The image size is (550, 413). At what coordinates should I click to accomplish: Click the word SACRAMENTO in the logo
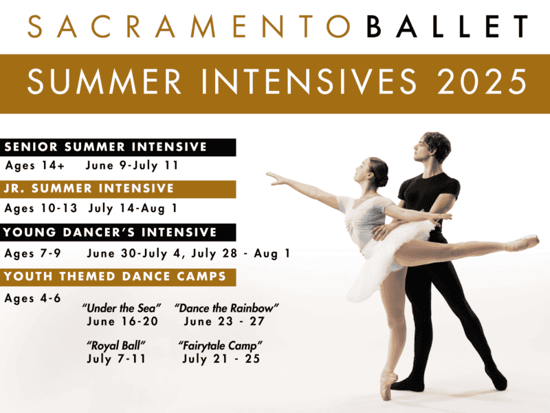tap(189, 26)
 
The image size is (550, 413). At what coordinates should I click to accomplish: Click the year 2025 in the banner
tap(482, 81)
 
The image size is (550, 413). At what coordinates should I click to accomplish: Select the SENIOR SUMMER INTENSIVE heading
tap(106, 147)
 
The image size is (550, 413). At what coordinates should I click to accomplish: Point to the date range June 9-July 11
tap(132, 165)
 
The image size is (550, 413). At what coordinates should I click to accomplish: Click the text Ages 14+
tap(35, 165)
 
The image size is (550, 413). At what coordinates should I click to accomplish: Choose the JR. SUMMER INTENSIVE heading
tap(89, 189)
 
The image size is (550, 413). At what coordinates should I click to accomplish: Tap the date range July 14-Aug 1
tap(133, 209)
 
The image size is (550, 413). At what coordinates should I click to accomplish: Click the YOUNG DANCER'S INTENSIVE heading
tap(110, 232)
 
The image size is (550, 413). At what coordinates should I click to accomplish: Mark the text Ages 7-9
tap(32, 253)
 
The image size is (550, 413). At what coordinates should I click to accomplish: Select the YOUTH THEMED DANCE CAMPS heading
tap(115, 277)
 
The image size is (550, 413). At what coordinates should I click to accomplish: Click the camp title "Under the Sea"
tap(122, 308)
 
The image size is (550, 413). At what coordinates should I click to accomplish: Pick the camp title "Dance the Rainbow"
tap(227, 308)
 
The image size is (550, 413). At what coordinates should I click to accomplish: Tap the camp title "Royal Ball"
tap(116, 346)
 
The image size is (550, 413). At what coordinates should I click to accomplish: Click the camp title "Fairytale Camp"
tap(220, 346)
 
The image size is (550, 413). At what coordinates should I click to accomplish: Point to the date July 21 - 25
tap(221, 359)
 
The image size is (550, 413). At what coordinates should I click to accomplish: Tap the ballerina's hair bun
tap(383, 176)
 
